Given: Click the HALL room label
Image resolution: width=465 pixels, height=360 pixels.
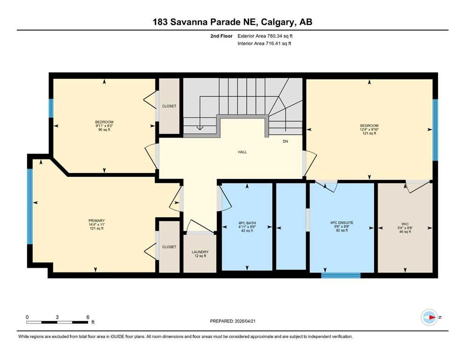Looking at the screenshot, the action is [242, 152].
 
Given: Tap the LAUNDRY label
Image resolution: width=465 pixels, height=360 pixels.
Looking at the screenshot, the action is [200, 252].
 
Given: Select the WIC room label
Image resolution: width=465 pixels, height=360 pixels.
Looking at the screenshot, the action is [405, 224].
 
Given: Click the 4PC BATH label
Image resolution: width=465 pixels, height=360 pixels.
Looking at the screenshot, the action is [247, 223].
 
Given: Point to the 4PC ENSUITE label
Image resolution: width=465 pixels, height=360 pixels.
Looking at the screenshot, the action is [342, 223].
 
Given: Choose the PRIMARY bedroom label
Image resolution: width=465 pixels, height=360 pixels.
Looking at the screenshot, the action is [96, 220].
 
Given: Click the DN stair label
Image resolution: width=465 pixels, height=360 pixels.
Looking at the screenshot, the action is [285, 141].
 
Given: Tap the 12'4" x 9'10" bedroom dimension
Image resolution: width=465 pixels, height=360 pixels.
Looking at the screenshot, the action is [369, 129].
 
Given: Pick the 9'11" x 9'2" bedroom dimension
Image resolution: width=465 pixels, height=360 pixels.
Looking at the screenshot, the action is [104, 126].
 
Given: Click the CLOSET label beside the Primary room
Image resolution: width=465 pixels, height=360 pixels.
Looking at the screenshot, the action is [170, 247].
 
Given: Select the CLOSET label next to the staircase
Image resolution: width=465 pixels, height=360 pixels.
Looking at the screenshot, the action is [169, 106].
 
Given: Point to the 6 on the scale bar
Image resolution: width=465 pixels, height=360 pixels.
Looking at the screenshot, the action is [88, 317].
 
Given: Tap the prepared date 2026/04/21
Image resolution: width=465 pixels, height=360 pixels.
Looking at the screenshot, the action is [245, 321].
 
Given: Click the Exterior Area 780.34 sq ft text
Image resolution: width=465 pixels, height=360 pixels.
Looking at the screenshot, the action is [265, 36].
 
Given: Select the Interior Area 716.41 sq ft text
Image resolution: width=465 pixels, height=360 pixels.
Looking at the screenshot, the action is [264, 43].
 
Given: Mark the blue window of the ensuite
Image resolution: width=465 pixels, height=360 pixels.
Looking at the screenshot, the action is [341, 275].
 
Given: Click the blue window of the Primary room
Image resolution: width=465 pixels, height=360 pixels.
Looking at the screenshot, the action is [30, 207].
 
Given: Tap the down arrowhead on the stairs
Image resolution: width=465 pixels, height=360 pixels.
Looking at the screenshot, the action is [200, 128].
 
